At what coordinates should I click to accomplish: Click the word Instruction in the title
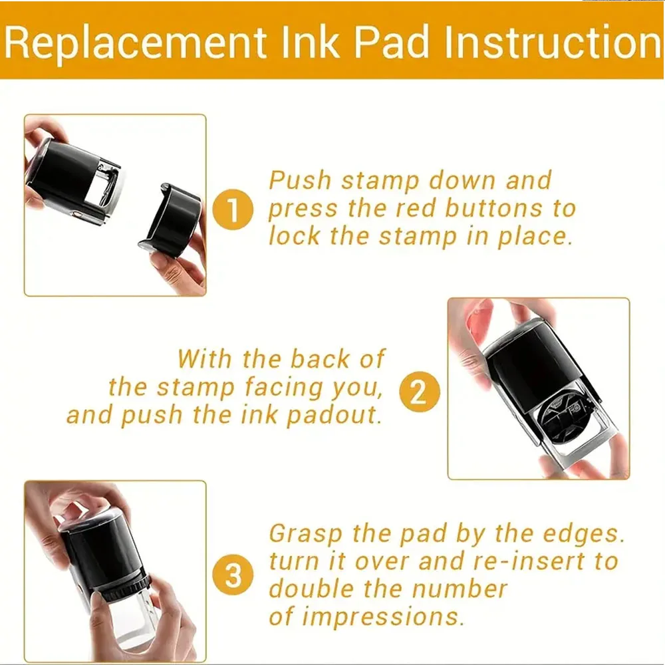[x=553, y=42]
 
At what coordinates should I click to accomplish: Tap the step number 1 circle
[x=233, y=212]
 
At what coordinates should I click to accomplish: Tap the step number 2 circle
[x=420, y=392]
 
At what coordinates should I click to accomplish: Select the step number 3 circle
[x=233, y=575]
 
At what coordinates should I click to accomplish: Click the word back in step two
[x=310, y=359]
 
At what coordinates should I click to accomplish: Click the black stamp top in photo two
[x=532, y=359]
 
